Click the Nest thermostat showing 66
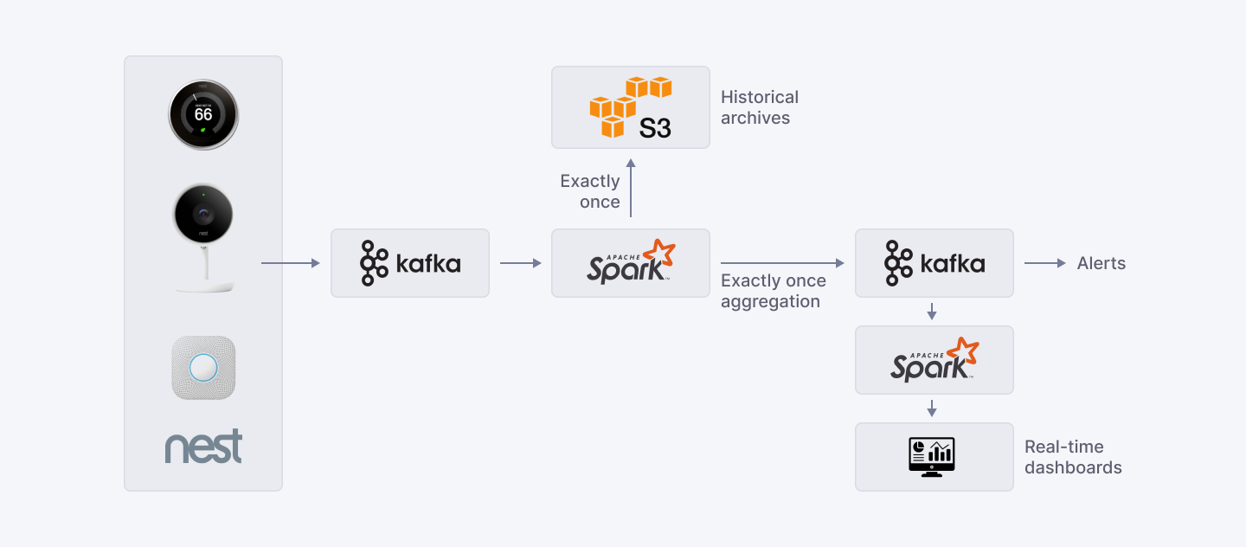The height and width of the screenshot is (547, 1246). pyautogui.click(x=202, y=115)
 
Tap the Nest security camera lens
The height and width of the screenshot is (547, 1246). pyautogui.click(x=202, y=213)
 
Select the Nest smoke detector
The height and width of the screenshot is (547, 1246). pyautogui.click(x=203, y=368)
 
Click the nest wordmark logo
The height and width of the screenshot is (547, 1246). pyautogui.click(x=203, y=447)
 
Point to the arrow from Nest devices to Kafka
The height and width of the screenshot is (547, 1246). pyautogui.click(x=290, y=263)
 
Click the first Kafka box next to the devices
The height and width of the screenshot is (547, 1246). pyautogui.click(x=410, y=263)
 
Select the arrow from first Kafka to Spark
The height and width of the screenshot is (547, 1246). pyautogui.click(x=520, y=263)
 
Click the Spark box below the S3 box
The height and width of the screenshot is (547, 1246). pyautogui.click(x=631, y=263)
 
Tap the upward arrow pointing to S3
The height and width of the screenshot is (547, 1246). pyautogui.click(x=631, y=188)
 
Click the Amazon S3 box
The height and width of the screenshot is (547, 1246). pyautogui.click(x=631, y=107)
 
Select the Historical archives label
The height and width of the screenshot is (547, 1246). pyautogui.click(x=759, y=107)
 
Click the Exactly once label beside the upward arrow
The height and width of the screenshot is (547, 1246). pyautogui.click(x=590, y=191)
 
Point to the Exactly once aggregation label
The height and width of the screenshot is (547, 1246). pyautogui.click(x=773, y=291)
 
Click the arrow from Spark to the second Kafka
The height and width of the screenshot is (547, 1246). pyautogui.click(x=782, y=263)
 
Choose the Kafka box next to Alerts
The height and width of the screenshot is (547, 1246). pyautogui.click(x=934, y=263)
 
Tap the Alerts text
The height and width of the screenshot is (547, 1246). pyautogui.click(x=1101, y=263)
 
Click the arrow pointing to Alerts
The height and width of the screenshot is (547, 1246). pyautogui.click(x=1045, y=263)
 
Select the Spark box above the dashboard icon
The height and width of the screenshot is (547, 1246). pyautogui.click(x=934, y=360)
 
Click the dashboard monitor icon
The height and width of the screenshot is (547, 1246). pyautogui.click(x=932, y=457)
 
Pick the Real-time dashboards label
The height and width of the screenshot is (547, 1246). pyautogui.click(x=1073, y=457)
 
